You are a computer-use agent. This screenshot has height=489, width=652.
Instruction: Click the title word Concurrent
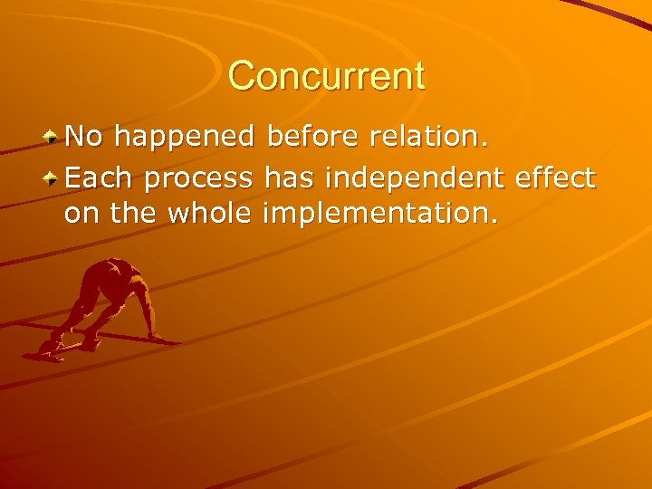(326, 76)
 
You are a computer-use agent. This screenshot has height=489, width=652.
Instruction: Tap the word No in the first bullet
(84, 137)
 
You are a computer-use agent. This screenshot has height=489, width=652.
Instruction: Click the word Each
(100, 177)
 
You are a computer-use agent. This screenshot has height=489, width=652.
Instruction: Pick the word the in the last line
(126, 216)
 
